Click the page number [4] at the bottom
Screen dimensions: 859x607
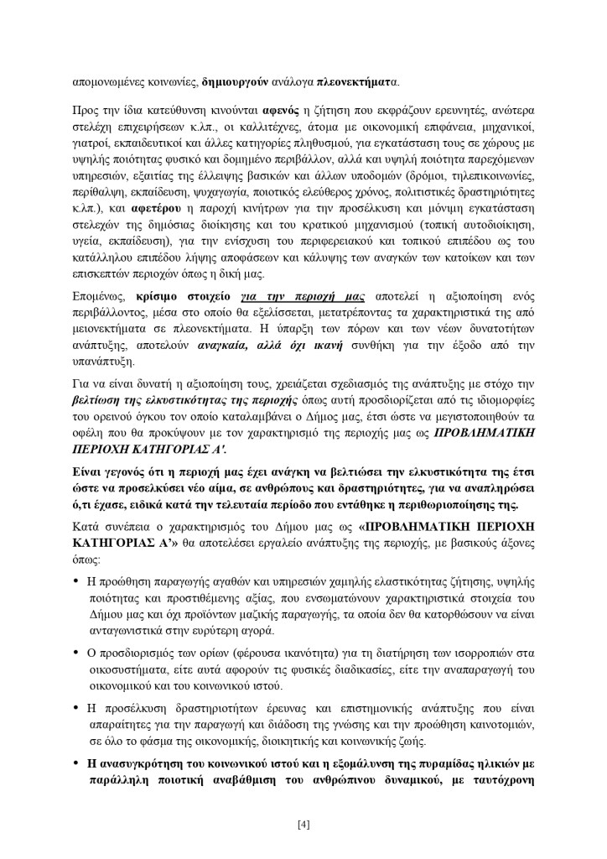(303, 823)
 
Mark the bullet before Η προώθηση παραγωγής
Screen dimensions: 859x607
(76, 581)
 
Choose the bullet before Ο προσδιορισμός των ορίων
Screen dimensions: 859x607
(76, 650)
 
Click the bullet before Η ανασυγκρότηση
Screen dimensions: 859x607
(76, 764)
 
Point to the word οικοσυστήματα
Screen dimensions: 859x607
(127, 667)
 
